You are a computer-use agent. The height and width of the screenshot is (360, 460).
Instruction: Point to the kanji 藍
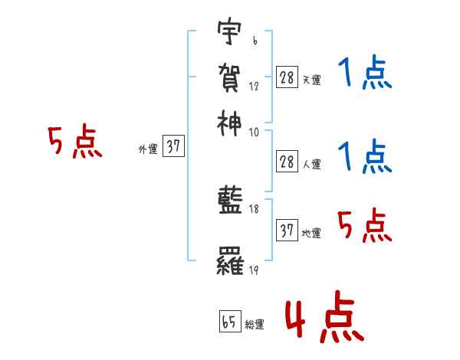coord(230,201)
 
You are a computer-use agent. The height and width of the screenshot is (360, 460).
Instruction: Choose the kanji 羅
coord(230,263)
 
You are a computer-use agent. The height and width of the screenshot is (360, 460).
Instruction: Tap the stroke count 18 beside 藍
coord(254,208)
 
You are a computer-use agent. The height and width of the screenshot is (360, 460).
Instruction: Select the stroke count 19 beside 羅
coord(254,270)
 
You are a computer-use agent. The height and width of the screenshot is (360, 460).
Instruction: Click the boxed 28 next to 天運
coord(287,77)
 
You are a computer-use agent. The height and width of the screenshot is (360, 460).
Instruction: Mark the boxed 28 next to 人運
coord(287,161)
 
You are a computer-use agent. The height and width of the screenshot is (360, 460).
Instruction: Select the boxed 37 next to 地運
coord(287,231)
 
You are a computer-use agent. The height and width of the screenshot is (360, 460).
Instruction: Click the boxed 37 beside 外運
coord(173,147)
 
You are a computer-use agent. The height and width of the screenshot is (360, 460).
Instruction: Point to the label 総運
coord(255,325)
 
